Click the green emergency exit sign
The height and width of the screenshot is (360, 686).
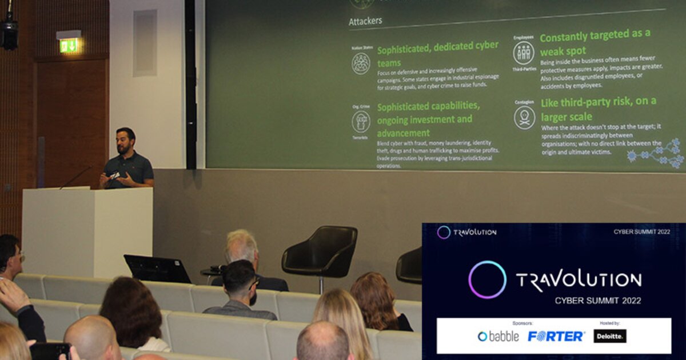69,45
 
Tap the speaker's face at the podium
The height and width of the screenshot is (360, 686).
125,141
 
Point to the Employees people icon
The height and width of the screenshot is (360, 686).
524,53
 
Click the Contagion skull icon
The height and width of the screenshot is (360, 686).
524,117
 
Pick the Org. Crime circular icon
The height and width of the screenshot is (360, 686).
361,121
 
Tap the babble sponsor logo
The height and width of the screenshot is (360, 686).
498,336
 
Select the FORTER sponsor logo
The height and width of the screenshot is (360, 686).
556,336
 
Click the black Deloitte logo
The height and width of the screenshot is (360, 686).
609,336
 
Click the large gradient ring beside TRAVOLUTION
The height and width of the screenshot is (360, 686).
487,279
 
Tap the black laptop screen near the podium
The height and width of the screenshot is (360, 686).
157,269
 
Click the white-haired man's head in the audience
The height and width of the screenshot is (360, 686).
241,246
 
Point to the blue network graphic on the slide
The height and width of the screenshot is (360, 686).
657,153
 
